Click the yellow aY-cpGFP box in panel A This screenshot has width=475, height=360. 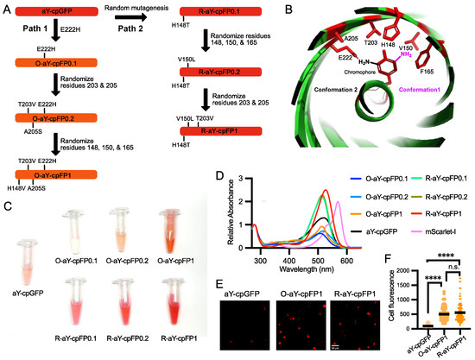51,11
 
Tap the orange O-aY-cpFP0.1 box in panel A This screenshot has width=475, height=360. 51,63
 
